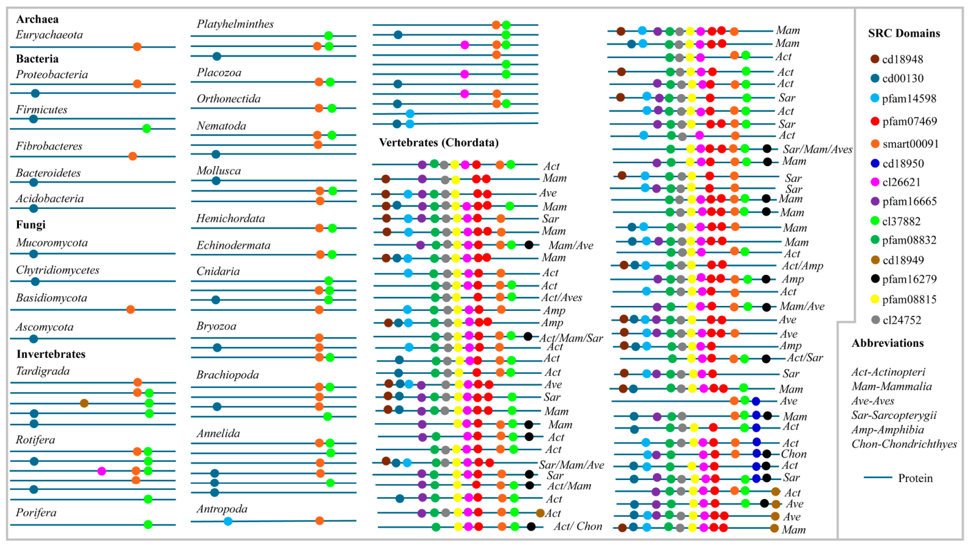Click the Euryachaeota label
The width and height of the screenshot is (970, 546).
point(49,35)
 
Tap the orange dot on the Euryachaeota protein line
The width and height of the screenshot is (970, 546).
point(138,47)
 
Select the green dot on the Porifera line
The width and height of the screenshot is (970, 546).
point(148,525)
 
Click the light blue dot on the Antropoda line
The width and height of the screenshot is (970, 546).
point(228,522)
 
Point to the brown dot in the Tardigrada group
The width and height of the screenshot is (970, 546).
point(84,403)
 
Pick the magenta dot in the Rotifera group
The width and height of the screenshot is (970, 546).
point(101,471)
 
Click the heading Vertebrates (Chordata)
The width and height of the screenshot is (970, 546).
point(439,143)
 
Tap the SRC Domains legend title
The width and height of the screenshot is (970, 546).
point(904,34)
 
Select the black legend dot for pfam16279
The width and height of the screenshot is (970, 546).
point(875,279)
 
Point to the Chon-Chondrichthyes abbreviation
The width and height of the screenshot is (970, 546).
point(904,445)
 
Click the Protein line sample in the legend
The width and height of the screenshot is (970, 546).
point(878,478)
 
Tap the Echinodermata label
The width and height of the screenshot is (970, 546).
point(233,246)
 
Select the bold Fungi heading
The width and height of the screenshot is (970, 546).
point(31,225)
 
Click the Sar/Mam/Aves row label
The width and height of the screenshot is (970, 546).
point(818,149)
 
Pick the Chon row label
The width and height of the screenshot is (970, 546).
point(794,454)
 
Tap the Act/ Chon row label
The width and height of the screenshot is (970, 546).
point(578,526)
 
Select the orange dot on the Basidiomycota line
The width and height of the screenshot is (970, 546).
point(130,310)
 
